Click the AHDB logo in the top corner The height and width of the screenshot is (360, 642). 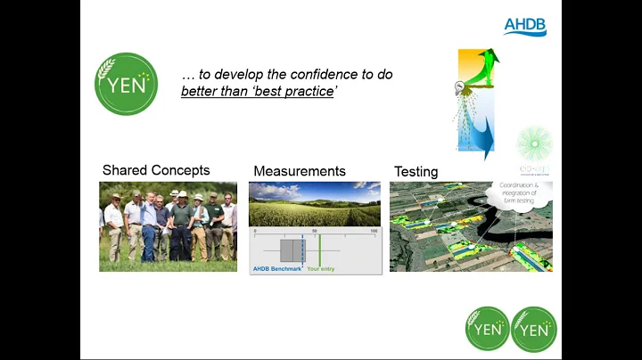pyautogui.click(x=524, y=25)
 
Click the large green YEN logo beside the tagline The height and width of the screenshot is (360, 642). pyautogui.click(x=127, y=85)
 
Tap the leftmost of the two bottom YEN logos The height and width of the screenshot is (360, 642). pyautogui.click(x=488, y=329)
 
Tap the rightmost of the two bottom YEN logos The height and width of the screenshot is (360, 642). pyautogui.click(x=533, y=329)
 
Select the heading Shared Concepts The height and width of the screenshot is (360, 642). pyautogui.click(x=156, y=170)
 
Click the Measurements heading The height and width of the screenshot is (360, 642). pyautogui.click(x=300, y=171)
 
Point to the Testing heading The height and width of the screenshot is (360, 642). pyautogui.click(x=416, y=171)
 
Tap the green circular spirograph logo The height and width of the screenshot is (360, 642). pyautogui.click(x=534, y=143)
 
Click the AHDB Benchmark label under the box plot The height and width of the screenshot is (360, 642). pyautogui.click(x=277, y=267)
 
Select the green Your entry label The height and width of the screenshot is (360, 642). pyautogui.click(x=321, y=267)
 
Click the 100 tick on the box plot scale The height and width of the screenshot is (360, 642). pyautogui.click(x=374, y=233)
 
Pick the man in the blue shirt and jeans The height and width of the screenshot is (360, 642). pyautogui.click(x=148, y=227)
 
